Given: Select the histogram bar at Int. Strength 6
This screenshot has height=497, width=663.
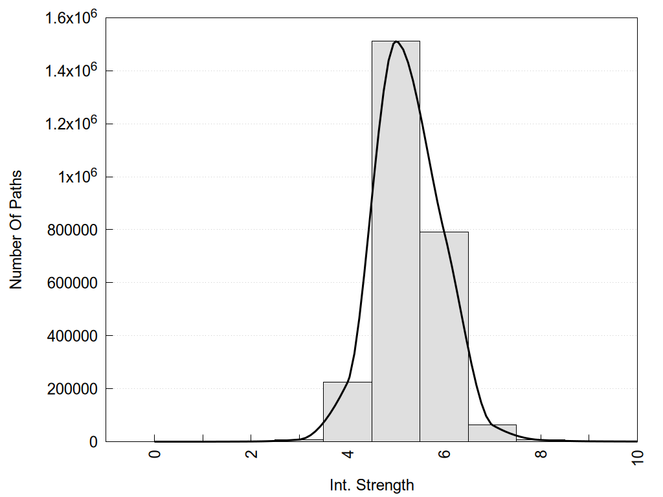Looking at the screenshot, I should point(444,337).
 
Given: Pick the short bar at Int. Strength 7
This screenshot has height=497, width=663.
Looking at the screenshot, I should point(492,433).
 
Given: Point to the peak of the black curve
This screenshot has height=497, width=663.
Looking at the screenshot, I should point(396,42).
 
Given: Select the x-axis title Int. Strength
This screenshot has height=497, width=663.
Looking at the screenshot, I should point(372,485).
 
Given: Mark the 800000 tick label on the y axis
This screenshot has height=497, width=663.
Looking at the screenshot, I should point(73,230).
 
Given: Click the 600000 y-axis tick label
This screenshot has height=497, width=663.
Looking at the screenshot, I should point(73,283).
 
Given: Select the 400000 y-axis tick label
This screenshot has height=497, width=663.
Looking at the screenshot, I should point(73,336).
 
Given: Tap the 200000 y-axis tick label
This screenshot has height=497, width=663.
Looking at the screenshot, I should point(73,389).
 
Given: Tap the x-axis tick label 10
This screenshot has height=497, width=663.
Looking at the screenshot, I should point(637,456).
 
